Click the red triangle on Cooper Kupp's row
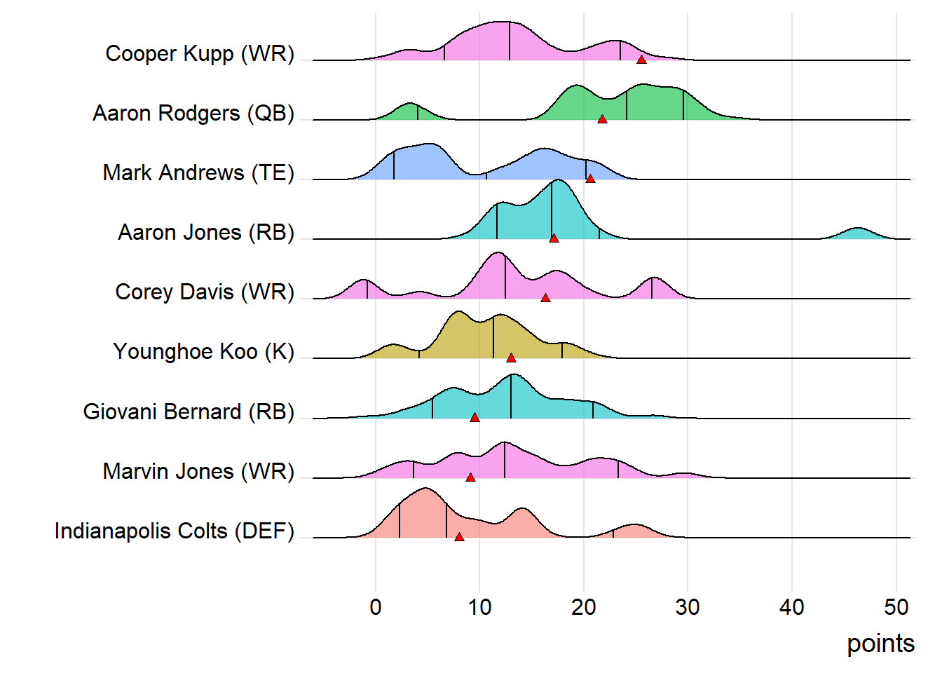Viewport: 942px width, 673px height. [x=641, y=60]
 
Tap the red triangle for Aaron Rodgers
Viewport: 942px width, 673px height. [x=602, y=119]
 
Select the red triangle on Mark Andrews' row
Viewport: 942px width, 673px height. [x=590, y=179]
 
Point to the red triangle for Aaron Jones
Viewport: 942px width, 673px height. [x=554, y=238]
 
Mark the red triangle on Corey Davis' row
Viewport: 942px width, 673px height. [x=545, y=298]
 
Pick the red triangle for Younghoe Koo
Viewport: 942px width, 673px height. [x=511, y=358]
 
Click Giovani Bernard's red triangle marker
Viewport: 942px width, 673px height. [x=475, y=418]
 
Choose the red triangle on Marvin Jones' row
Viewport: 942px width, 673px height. [x=470, y=477]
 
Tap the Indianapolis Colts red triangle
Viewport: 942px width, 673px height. [x=459, y=537]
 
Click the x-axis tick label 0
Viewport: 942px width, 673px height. [x=376, y=607]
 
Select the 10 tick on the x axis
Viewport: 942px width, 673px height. [x=479, y=607]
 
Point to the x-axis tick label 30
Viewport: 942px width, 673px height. [x=688, y=607]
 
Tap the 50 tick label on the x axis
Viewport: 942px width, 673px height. [x=896, y=607]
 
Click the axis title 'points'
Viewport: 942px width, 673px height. [x=880, y=644]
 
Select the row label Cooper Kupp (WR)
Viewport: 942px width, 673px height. [x=200, y=53]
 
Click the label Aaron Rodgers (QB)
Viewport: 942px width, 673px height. [x=193, y=113]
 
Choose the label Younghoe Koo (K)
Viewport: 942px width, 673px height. [x=203, y=351]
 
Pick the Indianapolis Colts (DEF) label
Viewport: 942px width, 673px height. [x=175, y=531]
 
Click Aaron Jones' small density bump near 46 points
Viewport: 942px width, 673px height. [x=856, y=233]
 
